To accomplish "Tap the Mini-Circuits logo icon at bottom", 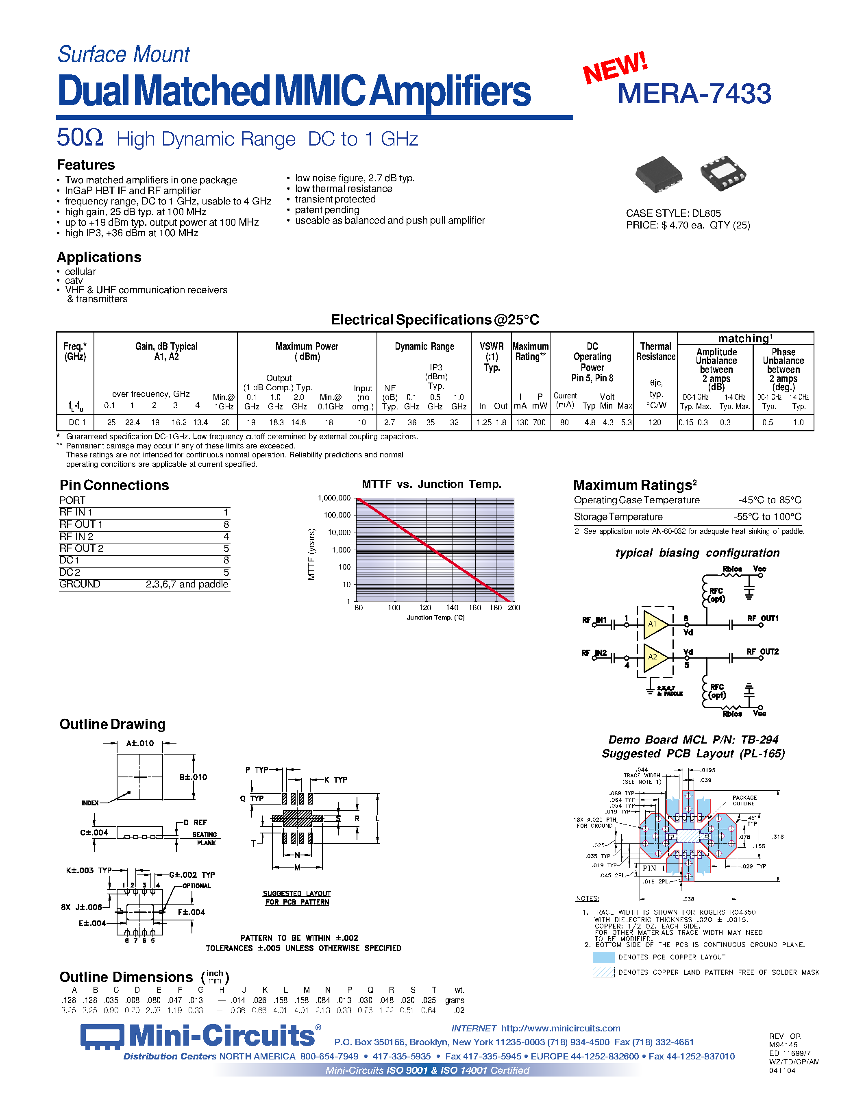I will (102, 1037).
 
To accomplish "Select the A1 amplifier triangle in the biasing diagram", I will (655, 624).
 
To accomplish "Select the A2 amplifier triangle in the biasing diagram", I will (655, 657).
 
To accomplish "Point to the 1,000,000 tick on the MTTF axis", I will (334, 498).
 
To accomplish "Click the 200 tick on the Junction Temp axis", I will (514, 608).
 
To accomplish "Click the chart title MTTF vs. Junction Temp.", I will (431, 484).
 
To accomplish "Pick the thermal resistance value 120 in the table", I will (655, 423).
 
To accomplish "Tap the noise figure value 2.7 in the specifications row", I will (390, 423).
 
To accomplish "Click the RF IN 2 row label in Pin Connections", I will (76, 537).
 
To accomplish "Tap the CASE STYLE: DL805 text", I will (673, 213).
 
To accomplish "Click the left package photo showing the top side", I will (659, 174).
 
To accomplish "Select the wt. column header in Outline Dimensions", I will (459, 990).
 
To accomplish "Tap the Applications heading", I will (99, 257).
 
